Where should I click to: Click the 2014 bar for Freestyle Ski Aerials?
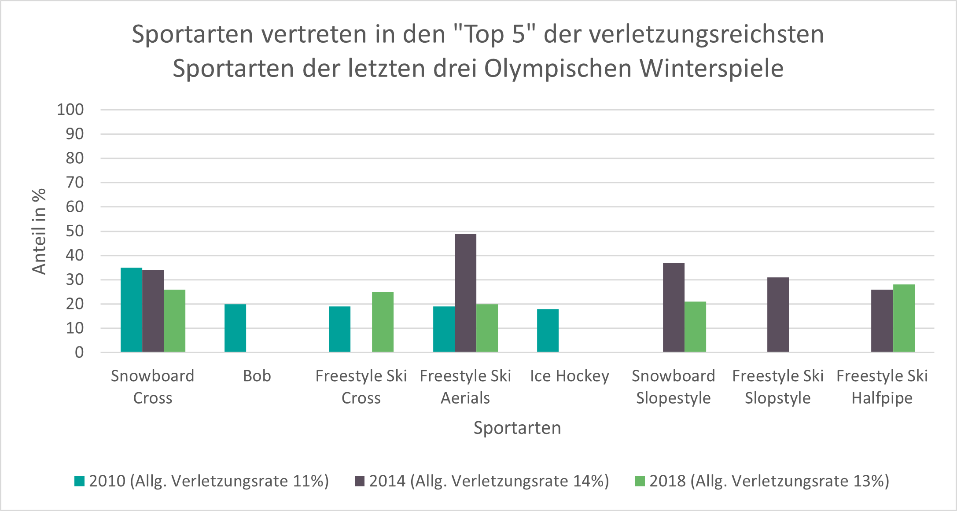tap(465, 293)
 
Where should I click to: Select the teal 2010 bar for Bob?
tap(235, 328)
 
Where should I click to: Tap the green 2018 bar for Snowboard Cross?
tap(174, 321)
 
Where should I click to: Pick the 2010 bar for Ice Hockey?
tap(548, 331)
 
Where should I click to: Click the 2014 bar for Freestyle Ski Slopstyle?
tap(778, 315)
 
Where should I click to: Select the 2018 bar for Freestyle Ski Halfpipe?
tap(904, 318)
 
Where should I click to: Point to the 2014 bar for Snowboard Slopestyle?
tap(674, 307)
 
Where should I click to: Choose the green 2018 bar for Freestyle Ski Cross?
tap(383, 322)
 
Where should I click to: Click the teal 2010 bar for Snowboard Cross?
tap(131, 310)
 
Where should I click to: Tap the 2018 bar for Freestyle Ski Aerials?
tap(487, 328)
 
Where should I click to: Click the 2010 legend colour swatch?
tap(79, 481)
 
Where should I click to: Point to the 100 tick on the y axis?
tap(70, 110)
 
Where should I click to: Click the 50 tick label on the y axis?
tap(74, 231)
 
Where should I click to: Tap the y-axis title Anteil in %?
tap(39, 231)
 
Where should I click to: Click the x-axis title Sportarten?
tap(517, 428)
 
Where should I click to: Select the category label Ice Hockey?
tap(569, 376)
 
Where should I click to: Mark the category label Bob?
tap(257, 376)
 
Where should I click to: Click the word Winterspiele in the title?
tap(711, 69)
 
